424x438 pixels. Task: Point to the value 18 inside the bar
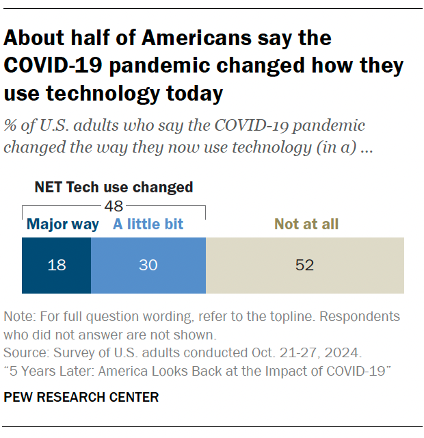[57, 265]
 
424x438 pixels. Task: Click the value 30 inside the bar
[148, 265]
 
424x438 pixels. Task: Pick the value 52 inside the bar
[304, 265]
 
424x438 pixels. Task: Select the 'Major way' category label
[62, 224]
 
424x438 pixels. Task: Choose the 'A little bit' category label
[148, 224]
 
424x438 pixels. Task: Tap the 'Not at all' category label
[306, 224]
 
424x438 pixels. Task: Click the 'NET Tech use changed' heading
[114, 187]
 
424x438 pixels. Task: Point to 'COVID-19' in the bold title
[49, 65]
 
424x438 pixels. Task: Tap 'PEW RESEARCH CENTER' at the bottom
[81, 397]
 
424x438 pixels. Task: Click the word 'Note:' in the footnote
[19, 318]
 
